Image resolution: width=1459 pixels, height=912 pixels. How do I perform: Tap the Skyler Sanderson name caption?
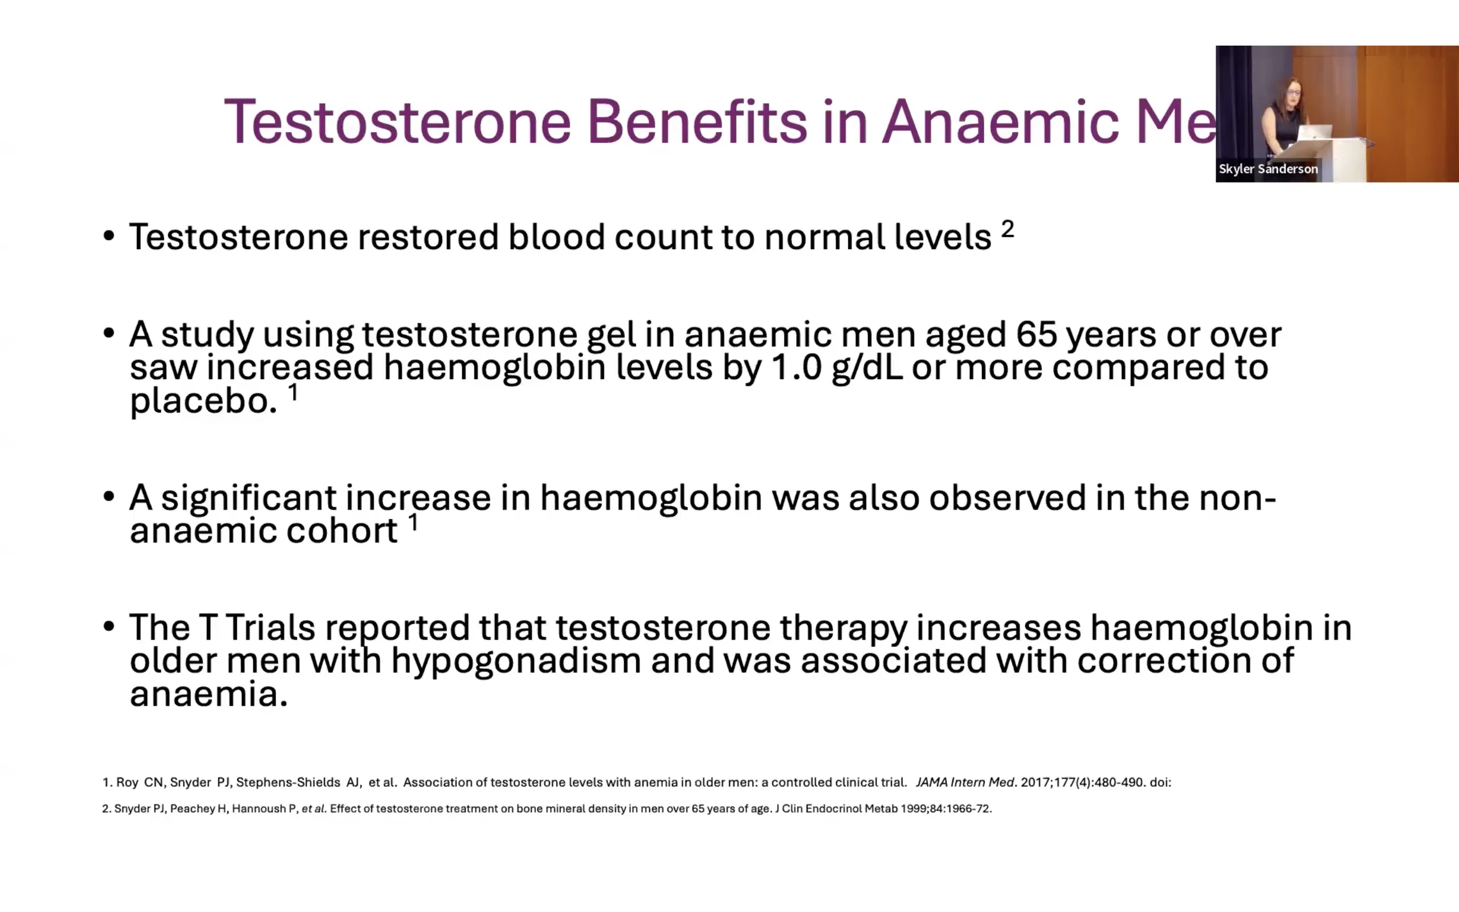pyautogui.click(x=1268, y=169)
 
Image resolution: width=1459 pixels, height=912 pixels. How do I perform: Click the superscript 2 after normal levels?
pyautogui.click(x=1008, y=229)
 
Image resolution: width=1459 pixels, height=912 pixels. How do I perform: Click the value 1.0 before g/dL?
pyautogui.click(x=796, y=367)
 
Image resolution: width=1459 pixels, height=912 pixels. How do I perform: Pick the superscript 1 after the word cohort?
pyautogui.click(x=414, y=522)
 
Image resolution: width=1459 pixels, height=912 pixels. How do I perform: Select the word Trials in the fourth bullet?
pyautogui.click(x=270, y=628)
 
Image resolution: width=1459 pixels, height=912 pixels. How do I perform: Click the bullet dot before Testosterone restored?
pyautogui.click(x=108, y=236)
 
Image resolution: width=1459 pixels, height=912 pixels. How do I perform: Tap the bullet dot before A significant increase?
pyautogui.click(x=108, y=497)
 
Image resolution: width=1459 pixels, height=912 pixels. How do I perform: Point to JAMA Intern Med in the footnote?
pyautogui.click(x=965, y=782)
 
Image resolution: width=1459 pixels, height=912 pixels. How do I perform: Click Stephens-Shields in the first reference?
pyautogui.click(x=288, y=782)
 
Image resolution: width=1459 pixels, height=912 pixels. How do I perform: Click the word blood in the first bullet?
pyautogui.click(x=556, y=236)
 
